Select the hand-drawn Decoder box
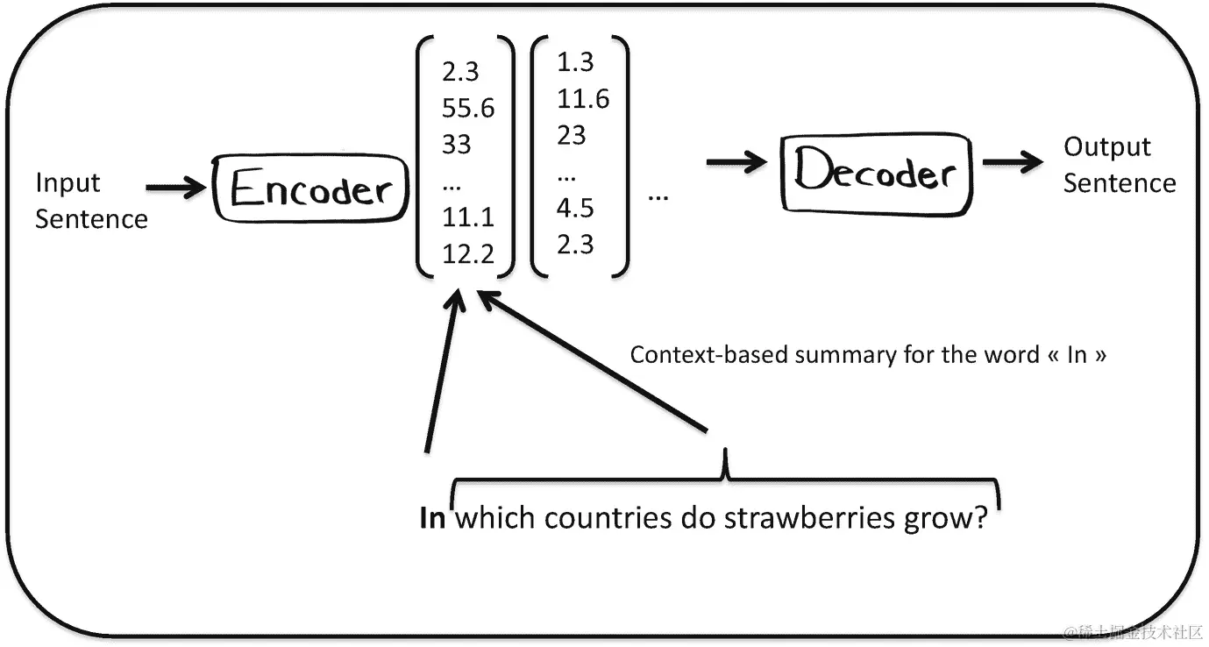click(876, 173)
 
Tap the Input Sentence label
click(90, 201)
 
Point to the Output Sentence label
click(1119, 165)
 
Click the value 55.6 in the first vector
click(468, 108)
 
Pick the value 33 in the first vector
click(457, 144)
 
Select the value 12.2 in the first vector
click(468, 254)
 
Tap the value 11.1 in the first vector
click(467, 217)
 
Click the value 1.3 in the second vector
click(575, 62)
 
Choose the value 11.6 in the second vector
click(583, 99)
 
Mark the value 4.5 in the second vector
click(575, 208)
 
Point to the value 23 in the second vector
click(571, 136)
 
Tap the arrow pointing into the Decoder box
click(737, 162)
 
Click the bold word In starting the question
click(433, 517)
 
